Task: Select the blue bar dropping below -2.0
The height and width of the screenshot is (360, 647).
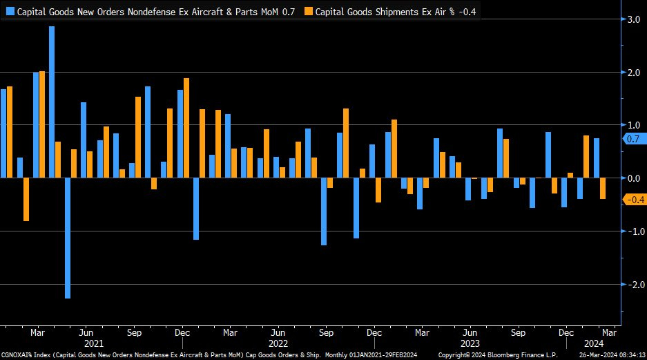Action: point(68,238)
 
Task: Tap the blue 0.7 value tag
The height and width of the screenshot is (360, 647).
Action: point(632,139)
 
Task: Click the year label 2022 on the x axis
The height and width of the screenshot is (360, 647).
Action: point(278,343)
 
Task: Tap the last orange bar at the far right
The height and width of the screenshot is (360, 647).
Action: point(603,188)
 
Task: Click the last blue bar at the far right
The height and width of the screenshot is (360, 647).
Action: point(596,158)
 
